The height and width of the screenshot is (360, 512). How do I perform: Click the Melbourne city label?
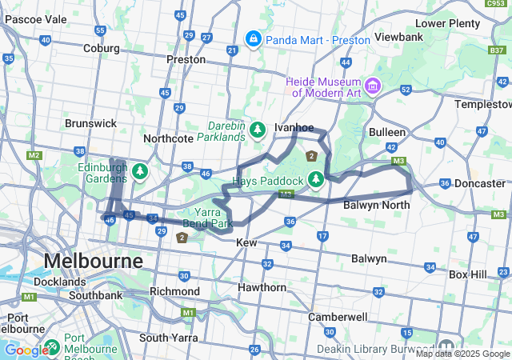93,261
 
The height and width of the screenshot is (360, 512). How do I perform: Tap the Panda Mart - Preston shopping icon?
253,38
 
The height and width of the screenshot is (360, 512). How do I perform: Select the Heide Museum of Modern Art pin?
372,86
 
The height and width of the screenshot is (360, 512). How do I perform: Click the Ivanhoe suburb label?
294,127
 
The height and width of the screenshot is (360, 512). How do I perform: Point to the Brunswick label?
90,123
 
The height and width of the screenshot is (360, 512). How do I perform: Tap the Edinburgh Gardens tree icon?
140,170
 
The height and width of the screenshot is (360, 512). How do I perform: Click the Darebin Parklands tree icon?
258,129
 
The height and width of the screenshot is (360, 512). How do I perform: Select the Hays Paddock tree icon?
316,178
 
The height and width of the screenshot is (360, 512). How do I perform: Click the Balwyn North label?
376,206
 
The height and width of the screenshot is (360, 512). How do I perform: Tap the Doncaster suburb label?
480,183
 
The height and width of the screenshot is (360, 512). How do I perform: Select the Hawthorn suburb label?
262,287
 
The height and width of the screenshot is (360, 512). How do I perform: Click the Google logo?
26,350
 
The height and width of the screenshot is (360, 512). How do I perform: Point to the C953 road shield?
496,4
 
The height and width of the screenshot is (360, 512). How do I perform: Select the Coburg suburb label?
101,48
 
